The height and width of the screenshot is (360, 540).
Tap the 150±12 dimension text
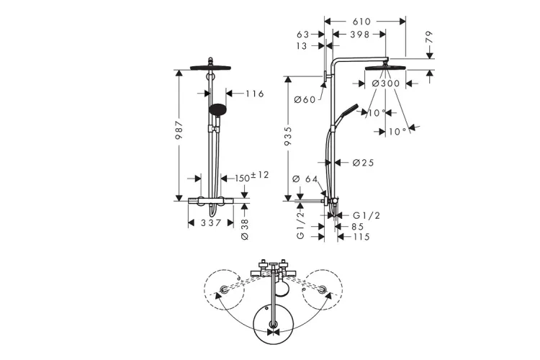[251, 176]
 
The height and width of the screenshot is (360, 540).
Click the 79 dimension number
[429, 38]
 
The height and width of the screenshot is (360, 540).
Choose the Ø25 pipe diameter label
[364, 163]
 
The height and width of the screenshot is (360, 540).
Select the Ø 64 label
[303, 179]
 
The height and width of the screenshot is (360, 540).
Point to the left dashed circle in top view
[225, 289]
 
